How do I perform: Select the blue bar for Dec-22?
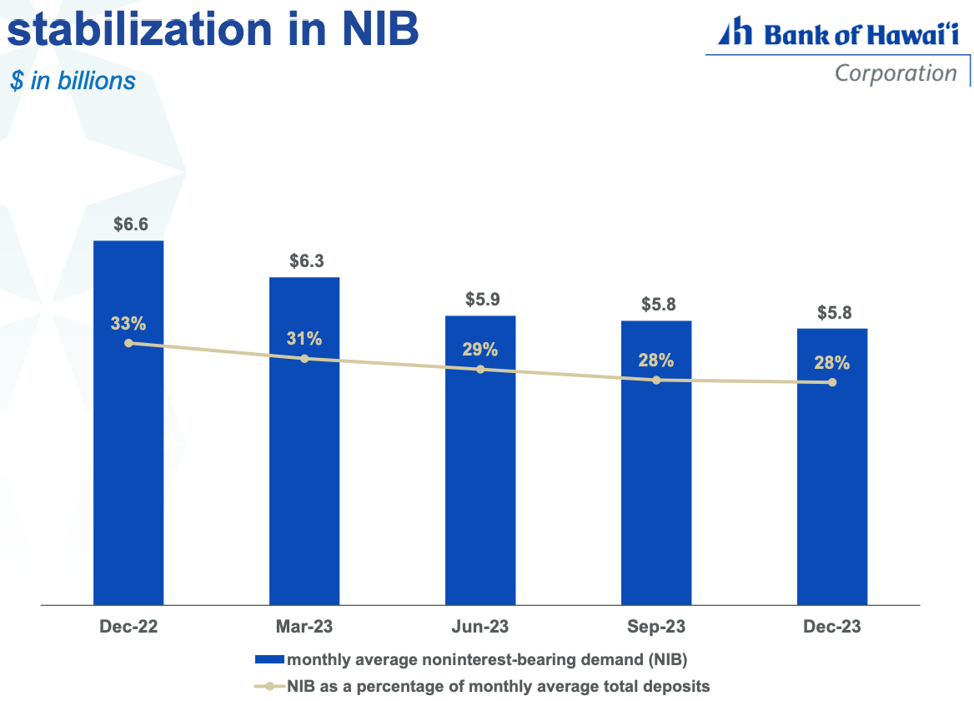(x=128, y=467)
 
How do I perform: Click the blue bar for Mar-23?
(x=304, y=484)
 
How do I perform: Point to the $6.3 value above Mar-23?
(x=304, y=260)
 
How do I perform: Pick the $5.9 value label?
(x=480, y=300)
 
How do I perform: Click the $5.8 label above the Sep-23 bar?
(x=656, y=305)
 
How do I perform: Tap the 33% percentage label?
(x=128, y=323)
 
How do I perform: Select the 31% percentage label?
(x=304, y=339)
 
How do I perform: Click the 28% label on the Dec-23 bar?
(x=832, y=363)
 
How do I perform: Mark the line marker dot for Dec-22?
(x=128, y=343)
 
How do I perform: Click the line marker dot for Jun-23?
(x=480, y=369)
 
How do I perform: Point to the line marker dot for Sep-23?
(x=656, y=380)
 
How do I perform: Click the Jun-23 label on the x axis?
(x=480, y=627)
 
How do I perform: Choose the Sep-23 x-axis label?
(x=656, y=627)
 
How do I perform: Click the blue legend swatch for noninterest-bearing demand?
(x=269, y=660)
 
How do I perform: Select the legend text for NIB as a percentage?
(x=498, y=686)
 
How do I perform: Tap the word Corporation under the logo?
(x=896, y=73)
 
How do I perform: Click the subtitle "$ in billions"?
(x=72, y=80)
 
